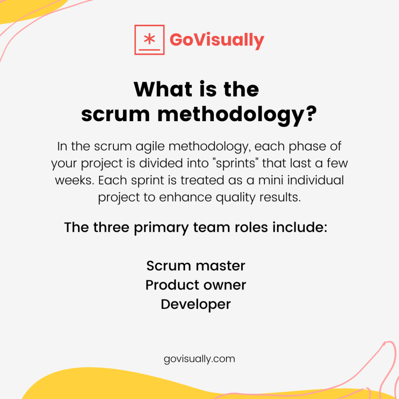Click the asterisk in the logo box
149,39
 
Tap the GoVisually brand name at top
217,41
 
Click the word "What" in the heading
163,89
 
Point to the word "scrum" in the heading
115,115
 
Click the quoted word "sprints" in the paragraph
236,164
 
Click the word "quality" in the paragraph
235,198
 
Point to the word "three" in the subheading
111,227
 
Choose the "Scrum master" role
196,266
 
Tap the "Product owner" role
196,285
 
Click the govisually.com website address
199,359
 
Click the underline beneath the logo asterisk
149,50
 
